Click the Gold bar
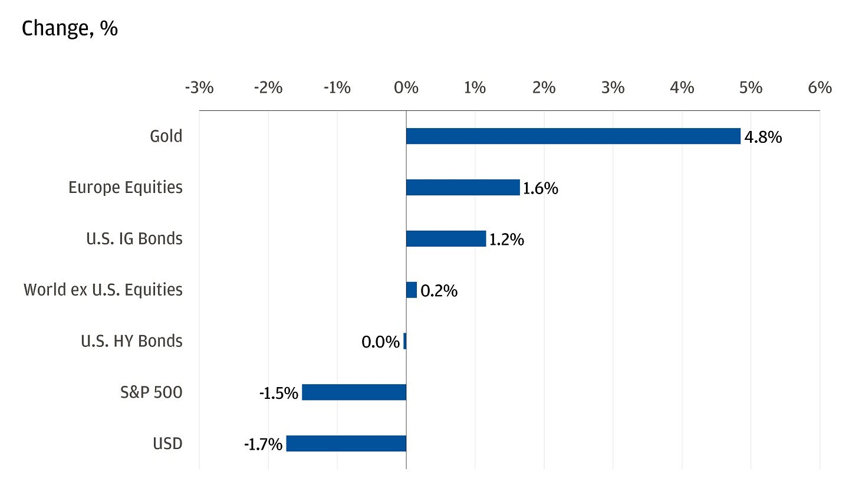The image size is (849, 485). [x=572, y=136]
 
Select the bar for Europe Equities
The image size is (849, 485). [x=463, y=188]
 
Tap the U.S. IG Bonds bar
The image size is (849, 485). [x=446, y=239]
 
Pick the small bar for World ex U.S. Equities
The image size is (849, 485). [x=412, y=290]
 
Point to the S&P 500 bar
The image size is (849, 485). [x=354, y=392]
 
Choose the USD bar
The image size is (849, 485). [x=346, y=444]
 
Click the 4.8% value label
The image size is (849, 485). [x=763, y=137]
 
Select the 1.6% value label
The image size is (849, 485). [x=540, y=189]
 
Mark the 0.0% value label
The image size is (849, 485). [x=380, y=342]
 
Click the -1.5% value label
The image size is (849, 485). [x=279, y=394]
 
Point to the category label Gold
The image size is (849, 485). [x=166, y=136]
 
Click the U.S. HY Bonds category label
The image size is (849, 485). [x=131, y=341]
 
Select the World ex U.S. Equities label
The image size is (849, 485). [x=103, y=290]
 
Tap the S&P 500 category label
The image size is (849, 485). [x=150, y=392]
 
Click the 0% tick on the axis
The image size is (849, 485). [x=406, y=88]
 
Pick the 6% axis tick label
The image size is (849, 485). [x=820, y=88]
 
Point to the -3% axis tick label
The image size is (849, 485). [x=199, y=88]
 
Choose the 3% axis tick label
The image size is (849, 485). [x=613, y=88]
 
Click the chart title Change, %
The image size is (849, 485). [x=70, y=29]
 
